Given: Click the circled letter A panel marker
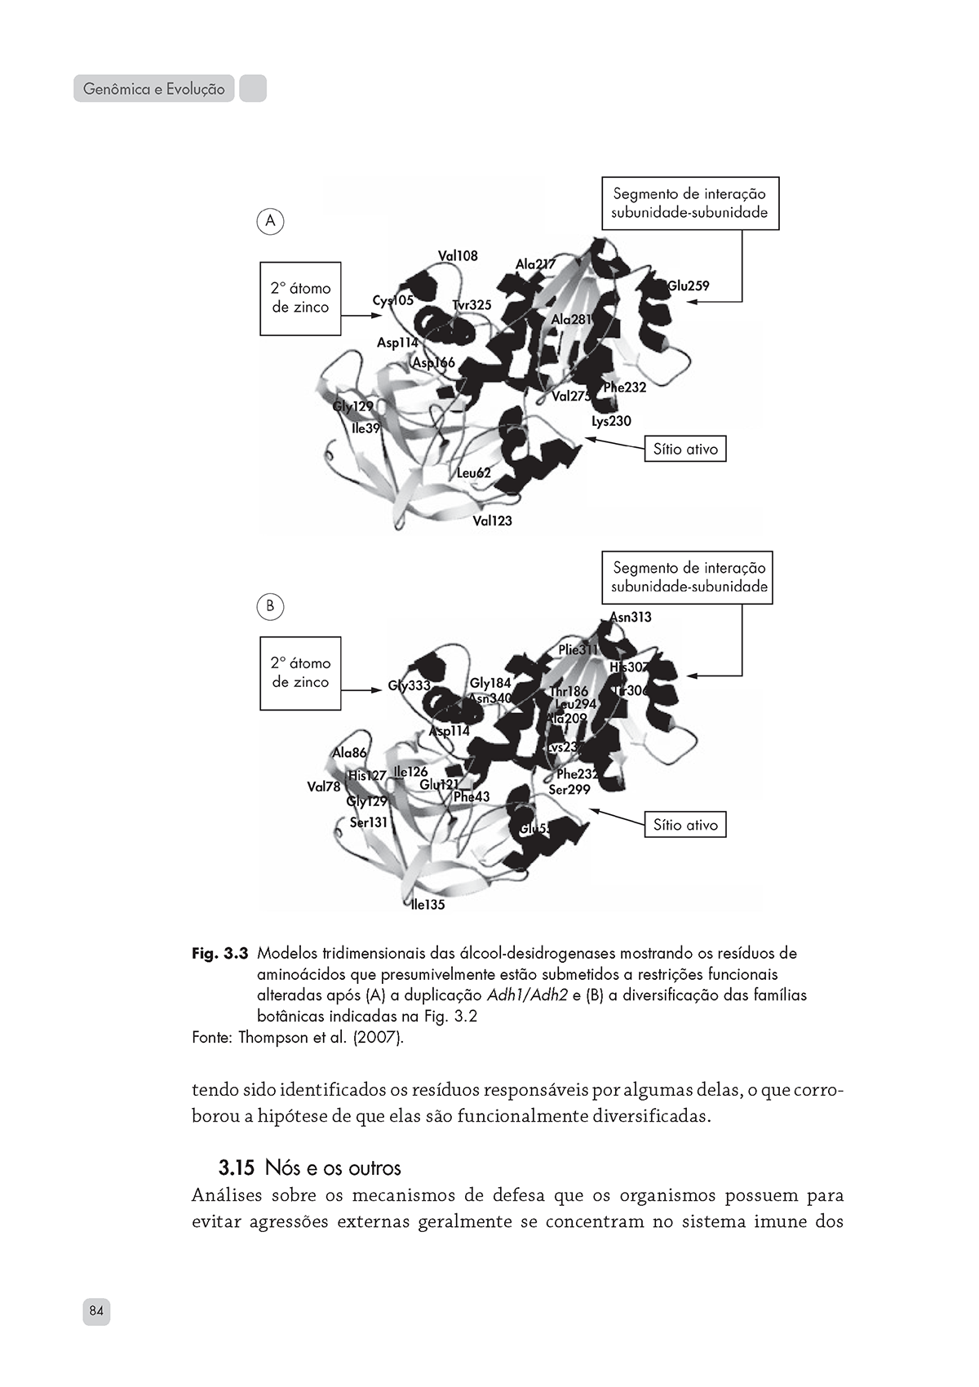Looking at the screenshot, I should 270,221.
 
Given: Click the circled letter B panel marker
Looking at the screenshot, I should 270,606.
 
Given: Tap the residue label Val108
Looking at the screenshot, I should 458,256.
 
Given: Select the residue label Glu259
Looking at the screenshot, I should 689,286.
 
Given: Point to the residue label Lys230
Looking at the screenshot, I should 611,421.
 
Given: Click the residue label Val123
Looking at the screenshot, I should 493,521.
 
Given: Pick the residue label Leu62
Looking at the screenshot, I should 474,473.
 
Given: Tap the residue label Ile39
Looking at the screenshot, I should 365,428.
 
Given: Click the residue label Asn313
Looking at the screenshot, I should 631,618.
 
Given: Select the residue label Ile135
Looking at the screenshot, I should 428,905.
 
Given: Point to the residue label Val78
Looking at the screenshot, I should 324,787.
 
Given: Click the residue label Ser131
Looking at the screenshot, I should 369,822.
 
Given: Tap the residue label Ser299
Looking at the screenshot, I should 569,790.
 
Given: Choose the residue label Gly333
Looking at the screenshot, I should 409,686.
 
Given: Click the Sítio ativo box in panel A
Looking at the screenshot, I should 685,450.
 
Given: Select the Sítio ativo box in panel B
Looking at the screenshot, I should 685,825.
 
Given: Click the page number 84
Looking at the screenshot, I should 96,1312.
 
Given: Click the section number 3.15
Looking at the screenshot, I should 237,1168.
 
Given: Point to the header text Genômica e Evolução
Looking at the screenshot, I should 154,89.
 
